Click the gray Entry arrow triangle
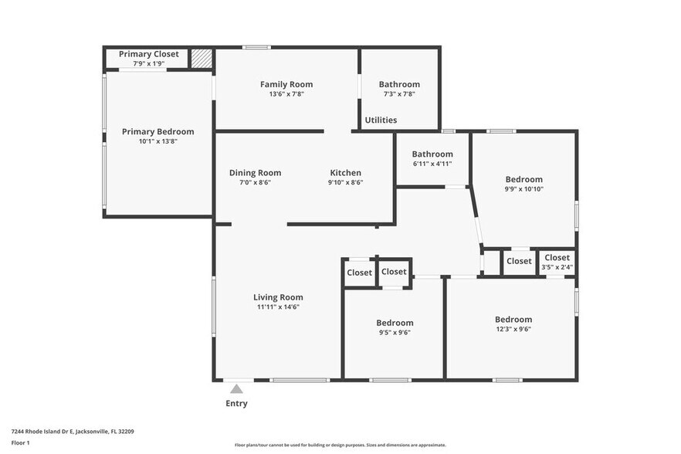pos(236,388)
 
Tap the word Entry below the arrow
pos(236,403)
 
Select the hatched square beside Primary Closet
pos(202,58)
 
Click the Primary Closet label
pos(148,54)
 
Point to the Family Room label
pos(286,84)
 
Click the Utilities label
pos(381,120)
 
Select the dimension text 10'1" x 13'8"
pos(158,141)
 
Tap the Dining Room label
pos(255,172)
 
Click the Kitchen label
pos(345,172)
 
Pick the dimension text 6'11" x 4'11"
pos(432,164)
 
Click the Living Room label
pos(278,297)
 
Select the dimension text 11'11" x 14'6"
pos(278,307)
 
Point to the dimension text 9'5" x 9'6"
pos(395,332)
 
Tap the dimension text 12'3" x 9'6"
pos(513,329)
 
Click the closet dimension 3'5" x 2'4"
pos(557,267)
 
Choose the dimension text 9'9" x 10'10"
pos(523,189)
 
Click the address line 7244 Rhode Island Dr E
pos(42,432)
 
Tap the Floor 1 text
pos(20,443)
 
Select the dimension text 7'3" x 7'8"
pos(399,94)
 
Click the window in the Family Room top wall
pos(256,47)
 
